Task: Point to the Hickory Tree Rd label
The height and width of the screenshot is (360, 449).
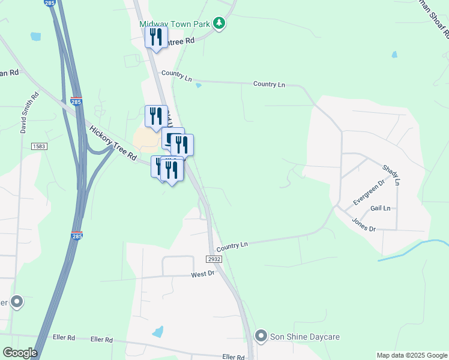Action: pos(113,142)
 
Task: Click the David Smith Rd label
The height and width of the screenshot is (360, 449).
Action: pos(34,113)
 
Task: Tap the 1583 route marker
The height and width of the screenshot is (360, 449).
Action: pos(38,146)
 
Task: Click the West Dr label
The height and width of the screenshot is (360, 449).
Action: pos(203,274)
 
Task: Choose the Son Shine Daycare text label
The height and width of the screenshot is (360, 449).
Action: pos(302,336)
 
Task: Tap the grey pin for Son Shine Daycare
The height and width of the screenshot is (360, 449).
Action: pos(261,336)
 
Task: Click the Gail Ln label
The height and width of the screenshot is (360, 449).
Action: pos(381,208)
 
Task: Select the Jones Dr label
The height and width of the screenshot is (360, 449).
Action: pos(363,224)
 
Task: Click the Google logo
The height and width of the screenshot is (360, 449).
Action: pos(19,353)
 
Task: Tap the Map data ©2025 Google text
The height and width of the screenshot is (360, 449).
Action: pos(412,355)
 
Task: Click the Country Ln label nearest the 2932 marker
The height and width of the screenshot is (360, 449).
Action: pos(232,246)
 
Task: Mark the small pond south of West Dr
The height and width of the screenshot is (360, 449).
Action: pos(158,331)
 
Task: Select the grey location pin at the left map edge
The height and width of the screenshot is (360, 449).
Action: pos(16,301)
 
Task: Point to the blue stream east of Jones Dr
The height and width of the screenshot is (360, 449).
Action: pos(414,249)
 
